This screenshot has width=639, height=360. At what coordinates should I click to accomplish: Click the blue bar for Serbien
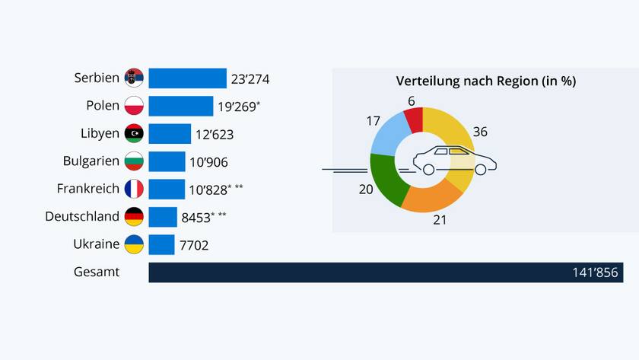(187, 78)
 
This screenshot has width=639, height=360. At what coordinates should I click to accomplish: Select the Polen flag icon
(134, 106)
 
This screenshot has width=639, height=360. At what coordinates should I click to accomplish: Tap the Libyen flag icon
(134, 133)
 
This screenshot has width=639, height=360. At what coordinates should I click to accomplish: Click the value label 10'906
(209, 161)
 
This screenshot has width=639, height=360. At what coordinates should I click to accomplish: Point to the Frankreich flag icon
(134, 189)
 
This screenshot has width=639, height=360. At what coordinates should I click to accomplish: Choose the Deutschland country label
(82, 216)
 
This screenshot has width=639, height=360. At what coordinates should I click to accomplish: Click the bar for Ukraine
(161, 244)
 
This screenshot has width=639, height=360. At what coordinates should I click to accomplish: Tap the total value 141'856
(596, 272)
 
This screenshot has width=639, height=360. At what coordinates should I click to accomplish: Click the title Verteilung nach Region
(485, 81)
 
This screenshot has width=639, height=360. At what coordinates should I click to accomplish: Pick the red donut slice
(414, 119)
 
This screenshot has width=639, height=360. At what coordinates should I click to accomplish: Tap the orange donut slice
(431, 197)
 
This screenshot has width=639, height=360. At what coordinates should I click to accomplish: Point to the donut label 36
(479, 132)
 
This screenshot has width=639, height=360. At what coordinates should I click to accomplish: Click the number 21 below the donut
(439, 221)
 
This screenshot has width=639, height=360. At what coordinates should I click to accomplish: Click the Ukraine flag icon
(134, 244)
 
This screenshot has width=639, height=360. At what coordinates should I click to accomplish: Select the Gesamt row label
(97, 272)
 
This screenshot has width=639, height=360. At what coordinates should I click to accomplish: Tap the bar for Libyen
(169, 133)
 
